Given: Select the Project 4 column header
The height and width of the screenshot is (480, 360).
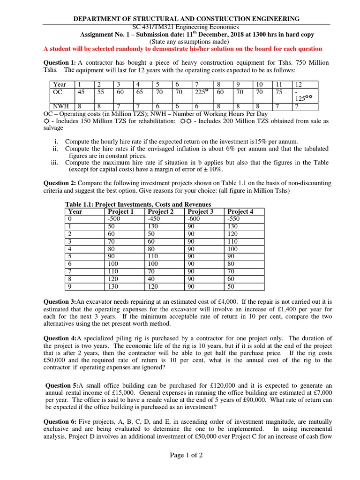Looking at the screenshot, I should (x=240, y=211).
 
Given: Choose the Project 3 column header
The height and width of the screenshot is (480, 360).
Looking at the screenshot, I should (x=200, y=211).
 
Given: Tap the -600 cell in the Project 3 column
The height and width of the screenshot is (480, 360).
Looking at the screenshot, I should (x=193, y=219).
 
